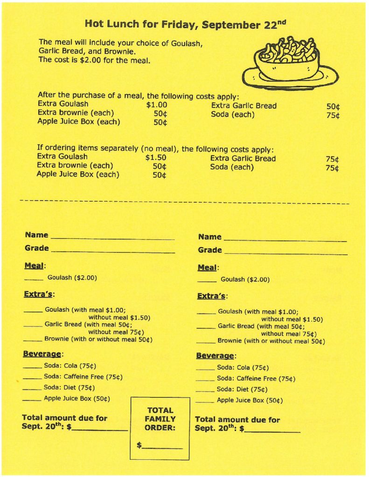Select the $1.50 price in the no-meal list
click(x=156, y=158)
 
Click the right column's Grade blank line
click(x=285, y=252)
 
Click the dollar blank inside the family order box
click(x=162, y=447)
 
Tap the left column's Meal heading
click(x=34, y=266)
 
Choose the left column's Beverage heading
click(x=43, y=354)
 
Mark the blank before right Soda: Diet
click(x=205, y=390)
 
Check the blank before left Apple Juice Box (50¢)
click(x=32, y=400)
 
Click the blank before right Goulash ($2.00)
click(x=206, y=281)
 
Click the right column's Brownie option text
click(x=271, y=341)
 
